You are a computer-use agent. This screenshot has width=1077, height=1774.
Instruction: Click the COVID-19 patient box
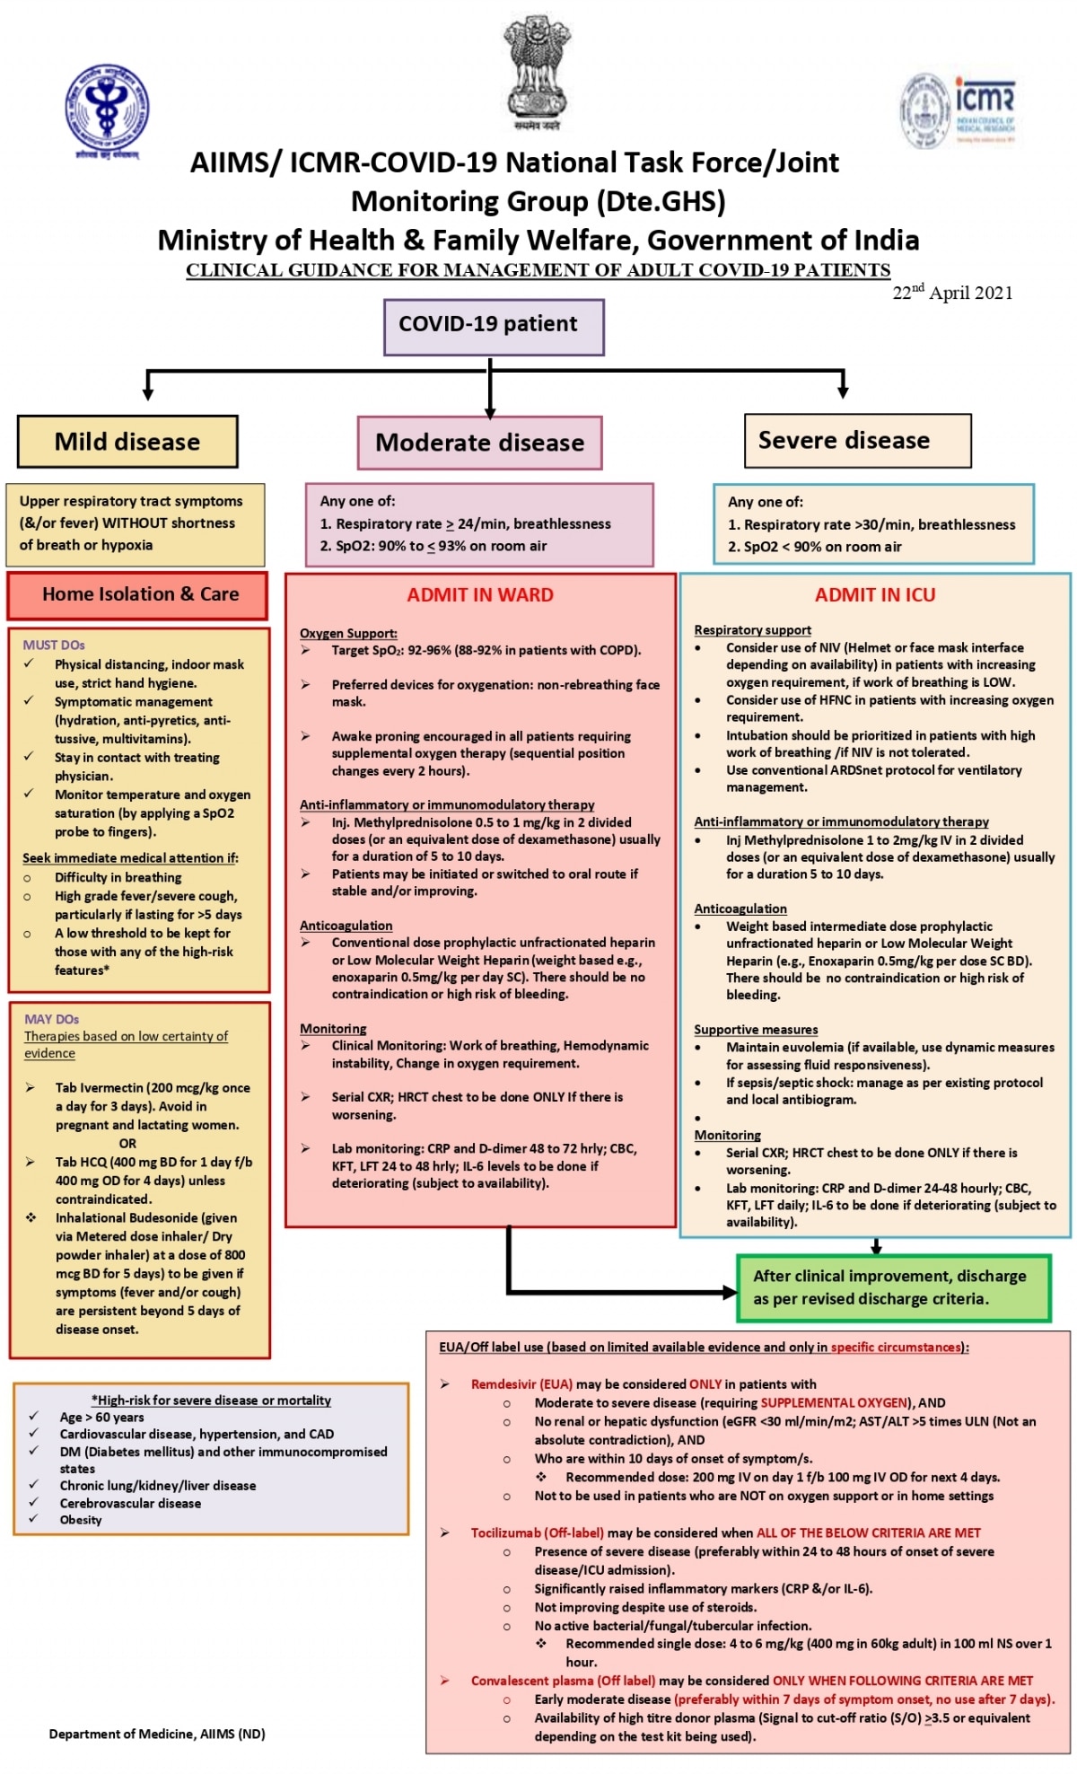point(494,326)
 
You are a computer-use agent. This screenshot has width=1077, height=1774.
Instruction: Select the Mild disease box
point(127,442)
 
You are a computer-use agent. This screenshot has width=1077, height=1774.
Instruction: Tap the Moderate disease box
point(479,443)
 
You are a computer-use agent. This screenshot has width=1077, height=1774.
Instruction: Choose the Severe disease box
point(857,441)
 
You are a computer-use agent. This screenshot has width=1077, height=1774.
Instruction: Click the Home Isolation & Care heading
point(140,594)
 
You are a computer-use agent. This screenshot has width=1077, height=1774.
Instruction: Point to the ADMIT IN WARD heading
point(480,595)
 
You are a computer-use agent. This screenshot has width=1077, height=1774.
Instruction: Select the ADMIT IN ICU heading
point(874,595)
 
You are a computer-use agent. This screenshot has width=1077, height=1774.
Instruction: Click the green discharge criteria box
point(893,1288)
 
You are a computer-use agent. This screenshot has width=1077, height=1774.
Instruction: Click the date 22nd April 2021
point(952,293)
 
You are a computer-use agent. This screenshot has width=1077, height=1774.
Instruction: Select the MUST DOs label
point(54,645)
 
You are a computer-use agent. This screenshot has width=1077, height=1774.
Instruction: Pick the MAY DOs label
point(51,1019)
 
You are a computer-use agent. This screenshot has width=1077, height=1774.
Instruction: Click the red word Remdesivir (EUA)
point(521,1384)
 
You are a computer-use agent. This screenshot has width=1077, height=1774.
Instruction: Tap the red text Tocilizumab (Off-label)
point(537,1532)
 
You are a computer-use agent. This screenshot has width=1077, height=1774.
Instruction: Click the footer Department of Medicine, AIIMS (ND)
point(157,1734)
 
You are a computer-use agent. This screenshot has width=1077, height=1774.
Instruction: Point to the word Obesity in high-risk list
point(81,1520)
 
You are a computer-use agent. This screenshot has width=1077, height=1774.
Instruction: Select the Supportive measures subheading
point(756,1030)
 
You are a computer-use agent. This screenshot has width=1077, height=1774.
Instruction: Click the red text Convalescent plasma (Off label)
point(563,1681)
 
